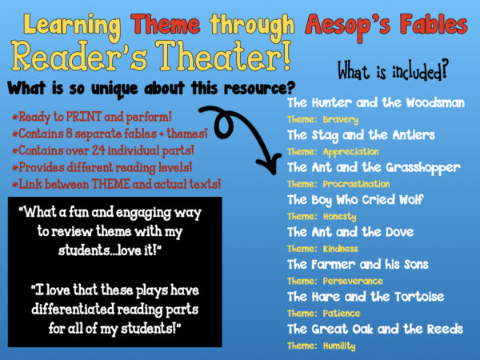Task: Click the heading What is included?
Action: [392, 73]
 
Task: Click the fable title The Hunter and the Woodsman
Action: [374, 103]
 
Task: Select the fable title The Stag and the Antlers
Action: [361, 135]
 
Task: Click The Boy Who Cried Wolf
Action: [356, 200]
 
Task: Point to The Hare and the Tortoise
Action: [365, 297]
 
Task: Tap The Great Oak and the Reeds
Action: [374, 329]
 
